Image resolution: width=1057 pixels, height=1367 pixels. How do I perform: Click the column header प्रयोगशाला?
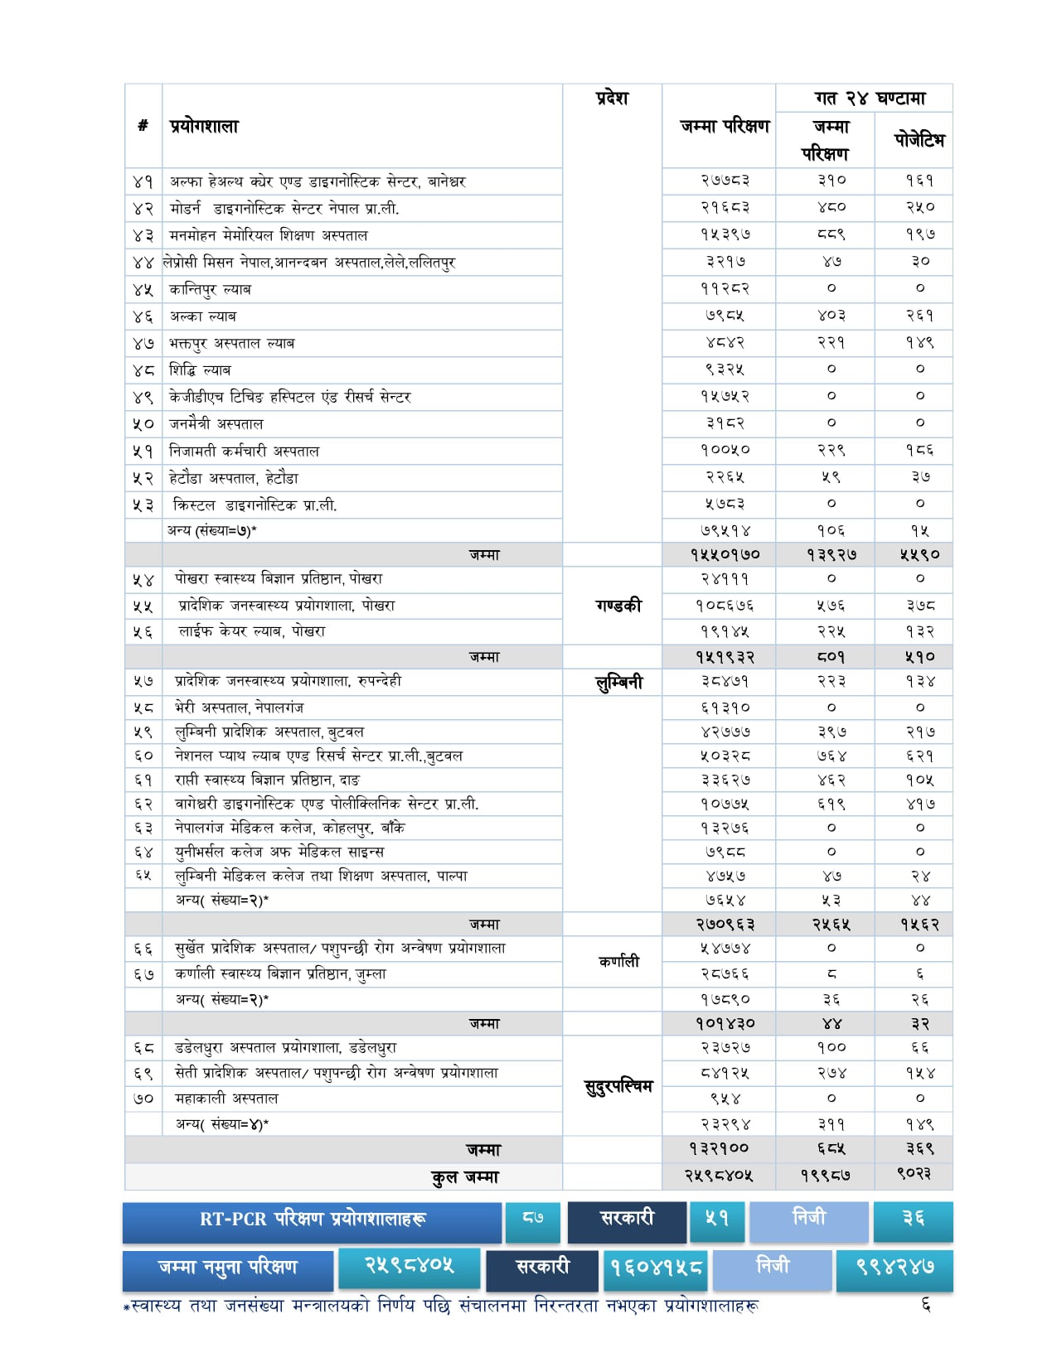(204, 127)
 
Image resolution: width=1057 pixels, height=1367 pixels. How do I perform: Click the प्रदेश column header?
(612, 99)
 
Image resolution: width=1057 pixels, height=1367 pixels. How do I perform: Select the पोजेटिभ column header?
(919, 140)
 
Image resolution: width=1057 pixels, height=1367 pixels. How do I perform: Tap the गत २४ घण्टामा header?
(869, 99)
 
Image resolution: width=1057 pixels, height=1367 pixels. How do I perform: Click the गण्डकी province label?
(618, 606)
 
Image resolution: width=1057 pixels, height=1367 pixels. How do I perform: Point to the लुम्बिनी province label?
(618, 683)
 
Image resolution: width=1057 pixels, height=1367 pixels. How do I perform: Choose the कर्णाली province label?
(618, 961)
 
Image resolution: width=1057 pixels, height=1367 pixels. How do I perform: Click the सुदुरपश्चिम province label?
(618, 1086)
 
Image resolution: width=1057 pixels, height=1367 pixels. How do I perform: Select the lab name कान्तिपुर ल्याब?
(211, 289)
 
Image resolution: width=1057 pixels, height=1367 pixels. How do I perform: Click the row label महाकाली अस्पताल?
(226, 1099)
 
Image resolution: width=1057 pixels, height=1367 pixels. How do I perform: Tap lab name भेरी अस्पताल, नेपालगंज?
(239, 708)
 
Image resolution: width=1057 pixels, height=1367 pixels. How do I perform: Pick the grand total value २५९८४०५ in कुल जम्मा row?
(719, 1176)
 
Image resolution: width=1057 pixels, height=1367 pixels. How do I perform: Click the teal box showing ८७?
(533, 1220)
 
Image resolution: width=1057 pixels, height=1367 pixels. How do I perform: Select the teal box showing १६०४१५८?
(655, 1268)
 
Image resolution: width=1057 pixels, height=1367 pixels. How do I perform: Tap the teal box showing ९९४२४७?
(895, 1268)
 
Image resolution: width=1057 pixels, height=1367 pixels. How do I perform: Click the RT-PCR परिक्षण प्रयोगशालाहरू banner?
(313, 1220)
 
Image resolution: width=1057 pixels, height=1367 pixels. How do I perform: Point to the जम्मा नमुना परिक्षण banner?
(227, 1268)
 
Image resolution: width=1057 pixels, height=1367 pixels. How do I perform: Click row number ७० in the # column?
(143, 1099)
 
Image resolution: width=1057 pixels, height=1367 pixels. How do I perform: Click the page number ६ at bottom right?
(926, 1306)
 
